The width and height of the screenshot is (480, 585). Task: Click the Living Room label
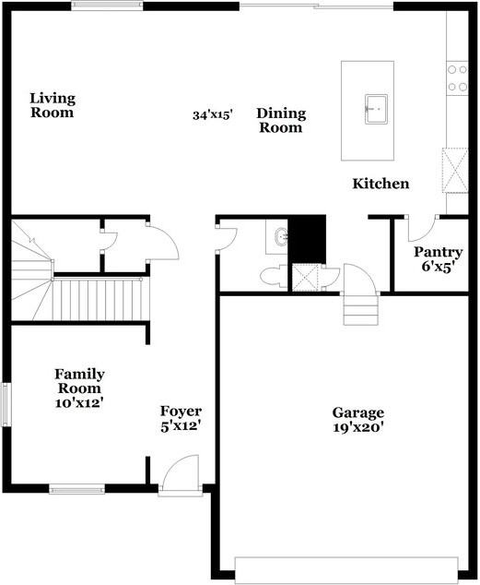52,105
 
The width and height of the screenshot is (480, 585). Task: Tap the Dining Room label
281,121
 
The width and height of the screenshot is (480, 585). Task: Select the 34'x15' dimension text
212,115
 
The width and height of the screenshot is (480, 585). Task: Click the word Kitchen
380,184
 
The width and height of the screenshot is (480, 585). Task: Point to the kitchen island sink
373,107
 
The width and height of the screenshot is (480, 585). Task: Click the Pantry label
438,252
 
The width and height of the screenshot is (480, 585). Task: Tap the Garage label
358,412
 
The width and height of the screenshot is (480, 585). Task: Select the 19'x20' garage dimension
358,427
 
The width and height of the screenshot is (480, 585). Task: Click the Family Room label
78,381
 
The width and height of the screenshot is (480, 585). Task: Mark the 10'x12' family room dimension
78,402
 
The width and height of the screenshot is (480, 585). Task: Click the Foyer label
181,411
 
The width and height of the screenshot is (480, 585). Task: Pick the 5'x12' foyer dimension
181,426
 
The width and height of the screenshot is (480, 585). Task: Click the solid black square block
308,238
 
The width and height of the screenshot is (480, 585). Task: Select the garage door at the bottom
347,569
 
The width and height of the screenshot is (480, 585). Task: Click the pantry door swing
423,226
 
